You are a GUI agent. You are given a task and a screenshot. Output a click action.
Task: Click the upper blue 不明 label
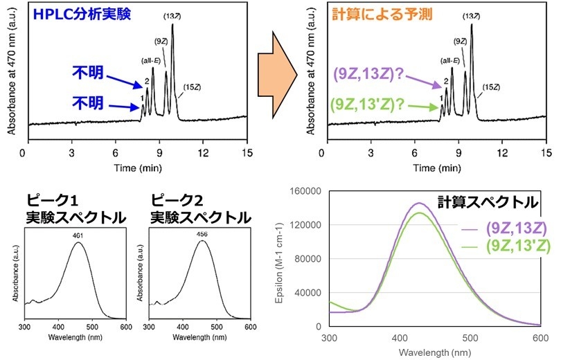point(89,71)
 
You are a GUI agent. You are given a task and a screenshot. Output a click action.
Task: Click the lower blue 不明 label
point(89,103)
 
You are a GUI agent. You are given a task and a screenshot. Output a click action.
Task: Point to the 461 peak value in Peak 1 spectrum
point(78,235)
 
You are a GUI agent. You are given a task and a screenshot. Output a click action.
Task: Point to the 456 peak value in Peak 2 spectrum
point(202,235)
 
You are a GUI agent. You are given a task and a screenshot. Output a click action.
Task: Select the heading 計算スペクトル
point(487,202)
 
